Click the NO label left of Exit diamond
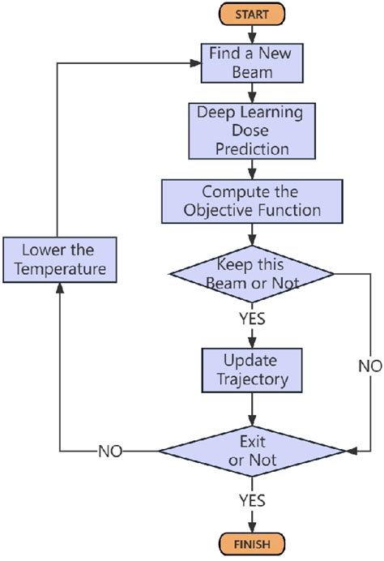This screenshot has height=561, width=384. click(111, 450)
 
